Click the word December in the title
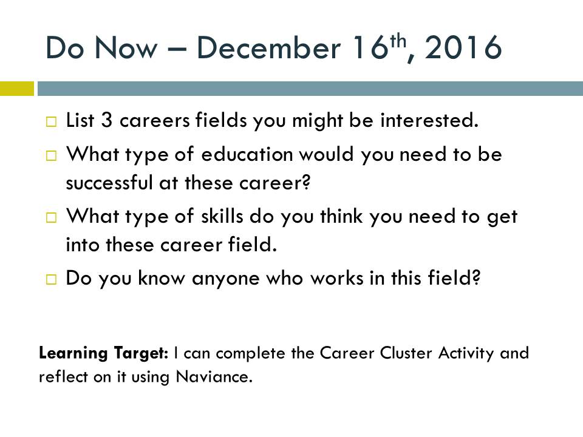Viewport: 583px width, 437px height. pyautogui.click(x=268, y=47)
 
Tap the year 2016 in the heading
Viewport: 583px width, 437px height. pyautogui.click(x=463, y=47)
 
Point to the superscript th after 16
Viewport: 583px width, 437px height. pyautogui.click(x=398, y=41)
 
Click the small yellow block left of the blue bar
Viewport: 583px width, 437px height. pyautogui.click(x=17, y=89)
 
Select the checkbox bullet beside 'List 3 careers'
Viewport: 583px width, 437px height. pyautogui.click(x=51, y=121)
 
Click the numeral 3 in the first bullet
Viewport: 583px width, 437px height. pyautogui.click(x=107, y=120)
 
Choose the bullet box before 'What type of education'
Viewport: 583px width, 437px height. pyautogui.click(x=51, y=155)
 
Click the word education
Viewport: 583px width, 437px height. pyautogui.click(x=247, y=154)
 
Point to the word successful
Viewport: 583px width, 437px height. pyautogui.click(x=109, y=183)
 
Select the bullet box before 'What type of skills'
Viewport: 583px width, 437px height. pyautogui.click(x=51, y=217)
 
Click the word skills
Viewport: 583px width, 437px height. pyautogui.click(x=222, y=216)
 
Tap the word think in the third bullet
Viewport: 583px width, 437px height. pyautogui.click(x=341, y=216)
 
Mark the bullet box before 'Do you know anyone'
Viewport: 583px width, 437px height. pyautogui.click(x=51, y=279)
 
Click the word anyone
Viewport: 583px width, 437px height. pyautogui.click(x=226, y=279)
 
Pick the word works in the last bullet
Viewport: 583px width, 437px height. pyautogui.click(x=337, y=278)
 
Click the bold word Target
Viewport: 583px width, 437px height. pyautogui.click(x=141, y=353)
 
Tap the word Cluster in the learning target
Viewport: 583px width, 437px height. pyautogui.click(x=406, y=353)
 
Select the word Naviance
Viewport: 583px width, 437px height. pyautogui.click(x=214, y=376)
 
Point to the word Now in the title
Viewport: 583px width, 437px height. pyautogui.click(x=126, y=47)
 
